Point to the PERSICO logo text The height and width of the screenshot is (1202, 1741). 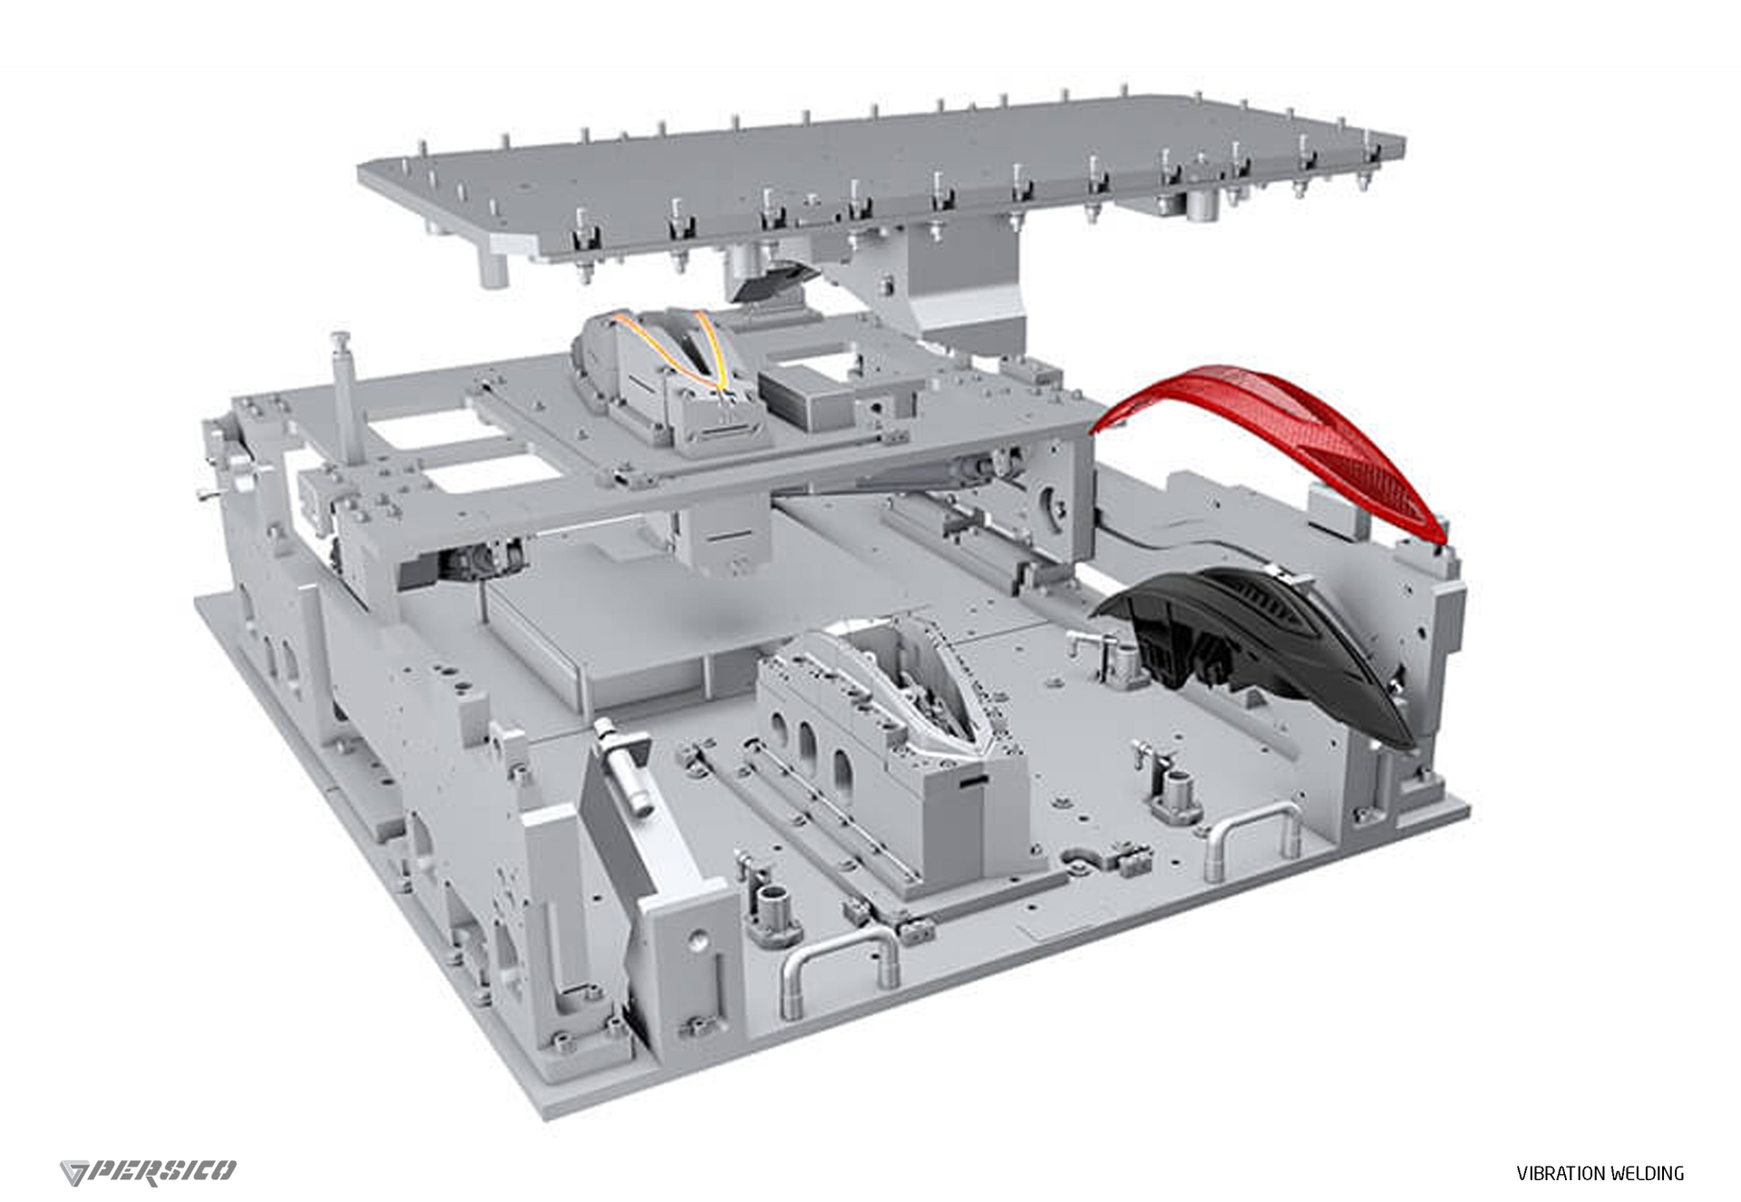point(164,1170)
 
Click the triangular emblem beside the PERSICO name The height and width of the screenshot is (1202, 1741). point(74,1172)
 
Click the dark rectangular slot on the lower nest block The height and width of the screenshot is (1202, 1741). point(974,779)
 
